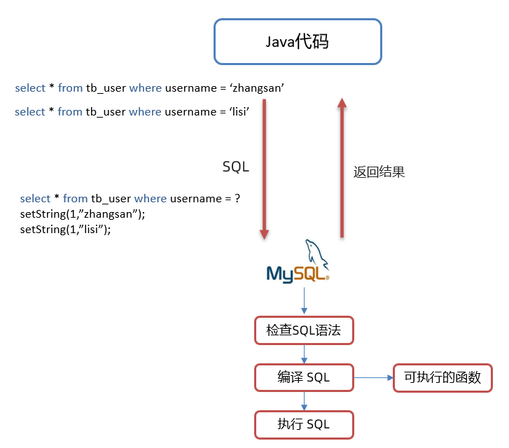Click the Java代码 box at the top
pyautogui.click(x=298, y=42)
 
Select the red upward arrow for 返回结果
pyautogui.click(x=342, y=168)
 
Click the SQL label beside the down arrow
pyautogui.click(x=235, y=167)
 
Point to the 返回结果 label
pyautogui.click(x=379, y=172)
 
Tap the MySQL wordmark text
pyautogui.click(x=297, y=272)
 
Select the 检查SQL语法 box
pyautogui.click(x=303, y=330)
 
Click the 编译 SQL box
pyautogui.click(x=303, y=378)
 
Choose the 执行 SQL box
pyautogui.click(x=303, y=424)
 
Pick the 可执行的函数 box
pyautogui.click(x=442, y=378)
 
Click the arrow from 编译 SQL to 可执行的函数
pyautogui.click(x=373, y=378)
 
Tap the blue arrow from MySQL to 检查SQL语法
pyautogui.click(x=304, y=300)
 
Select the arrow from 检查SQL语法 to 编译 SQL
pyautogui.click(x=304, y=354)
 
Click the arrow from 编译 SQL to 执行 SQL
pyautogui.click(x=304, y=401)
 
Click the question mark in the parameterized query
pyautogui.click(x=237, y=199)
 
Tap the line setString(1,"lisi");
pyautogui.click(x=66, y=229)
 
